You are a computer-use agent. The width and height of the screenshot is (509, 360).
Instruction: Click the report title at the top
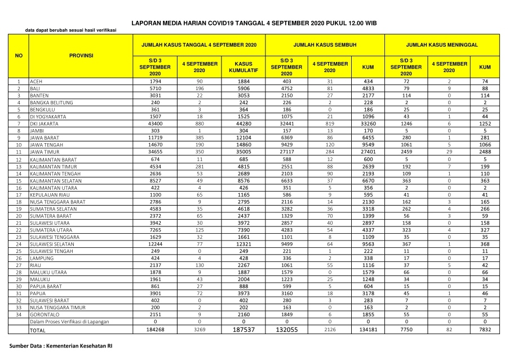(254, 23)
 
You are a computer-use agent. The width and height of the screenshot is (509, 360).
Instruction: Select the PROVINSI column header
(81, 56)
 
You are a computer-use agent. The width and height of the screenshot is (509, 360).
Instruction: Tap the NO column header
(19, 56)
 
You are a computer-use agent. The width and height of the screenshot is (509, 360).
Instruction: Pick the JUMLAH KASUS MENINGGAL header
(442, 44)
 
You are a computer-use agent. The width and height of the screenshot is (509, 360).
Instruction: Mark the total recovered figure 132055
(286, 330)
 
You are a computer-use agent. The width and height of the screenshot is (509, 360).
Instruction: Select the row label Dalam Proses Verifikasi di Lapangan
(77, 322)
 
